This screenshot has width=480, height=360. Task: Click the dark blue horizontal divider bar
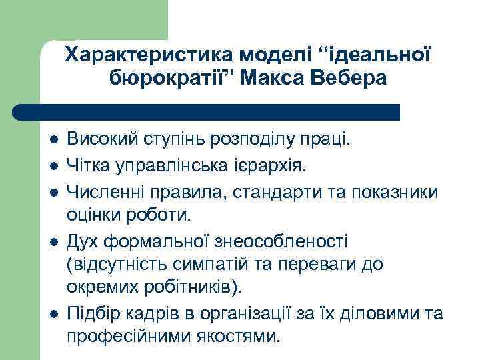coord(207,112)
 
